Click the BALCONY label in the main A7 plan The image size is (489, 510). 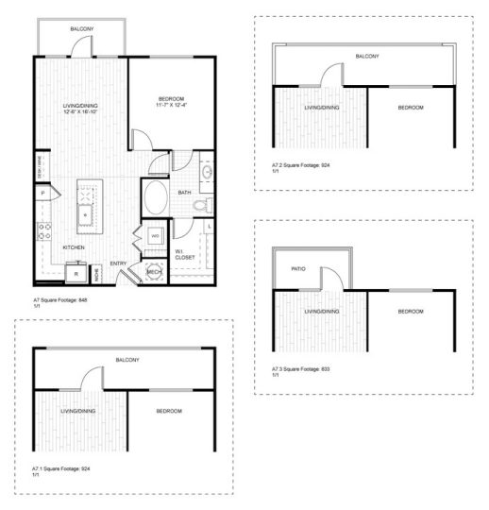coord(82,30)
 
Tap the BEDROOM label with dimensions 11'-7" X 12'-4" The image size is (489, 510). coord(171,101)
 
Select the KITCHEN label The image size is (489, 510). coord(75,247)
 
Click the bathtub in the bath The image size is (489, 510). coord(156,199)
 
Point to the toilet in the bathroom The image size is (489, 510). coord(200,204)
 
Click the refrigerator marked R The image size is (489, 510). coord(75,274)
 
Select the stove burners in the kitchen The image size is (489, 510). coord(43,229)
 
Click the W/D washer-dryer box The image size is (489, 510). coord(154,235)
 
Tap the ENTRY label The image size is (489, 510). coord(119,263)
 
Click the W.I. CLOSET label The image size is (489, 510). coord(185,253)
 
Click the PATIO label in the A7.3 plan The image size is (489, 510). coord(297,266)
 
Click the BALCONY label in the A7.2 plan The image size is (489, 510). coord(367,57)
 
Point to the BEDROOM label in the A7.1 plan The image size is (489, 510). coord(169,412)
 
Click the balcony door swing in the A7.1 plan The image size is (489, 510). coord(92,379)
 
